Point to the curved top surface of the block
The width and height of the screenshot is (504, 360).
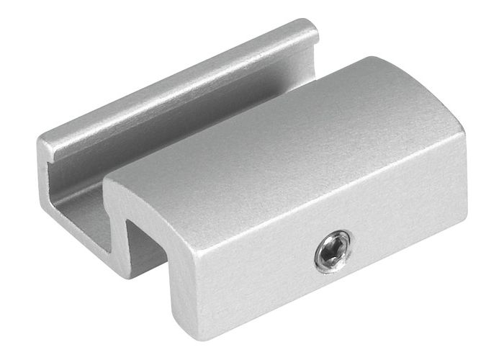(x=288, y=137)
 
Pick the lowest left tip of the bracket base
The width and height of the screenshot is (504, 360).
(x=43, y=209)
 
